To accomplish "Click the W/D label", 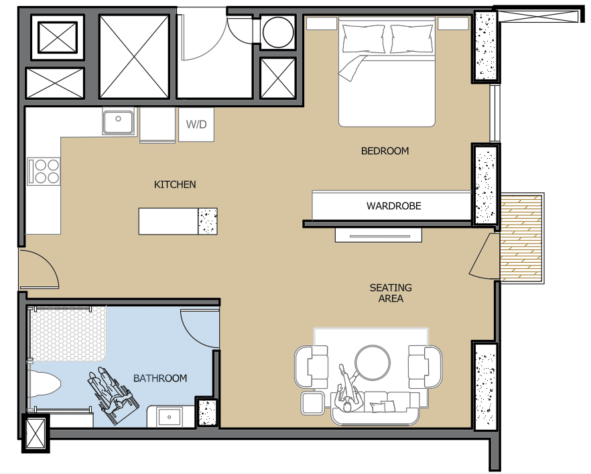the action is (x=196, y=124).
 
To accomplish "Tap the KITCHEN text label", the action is (x=175, y=184).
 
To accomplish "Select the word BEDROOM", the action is (x=385, y=151).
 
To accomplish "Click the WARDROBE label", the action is (x=393, y=206).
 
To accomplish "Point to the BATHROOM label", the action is (x=160, y=378).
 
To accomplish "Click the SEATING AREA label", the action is (x=391, y=293).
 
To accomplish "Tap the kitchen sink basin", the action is (x=119, y=121).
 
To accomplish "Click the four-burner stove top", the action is (x=44, y=171).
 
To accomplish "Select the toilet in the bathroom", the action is (x=44, y=386).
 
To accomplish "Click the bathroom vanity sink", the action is (x=170, y=417).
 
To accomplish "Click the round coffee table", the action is (x=373, y=363).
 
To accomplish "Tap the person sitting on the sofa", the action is (x=348, y=388).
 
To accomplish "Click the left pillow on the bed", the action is (x=363, y=39).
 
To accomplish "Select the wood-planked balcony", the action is (x=521, y=237).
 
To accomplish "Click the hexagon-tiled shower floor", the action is (x=68, y=332).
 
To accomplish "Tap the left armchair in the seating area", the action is (x=312, y=367).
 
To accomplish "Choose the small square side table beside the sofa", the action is (x=312, y=403).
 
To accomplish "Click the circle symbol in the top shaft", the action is (x=278, y=32).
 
